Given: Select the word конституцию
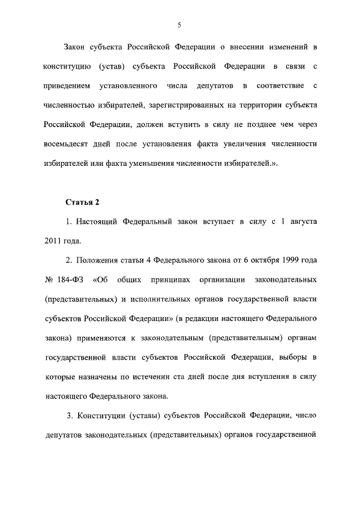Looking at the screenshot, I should tap(63, 67).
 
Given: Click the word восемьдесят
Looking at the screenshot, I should tap(66, 143).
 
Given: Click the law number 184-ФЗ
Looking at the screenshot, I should tap(69, 279).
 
